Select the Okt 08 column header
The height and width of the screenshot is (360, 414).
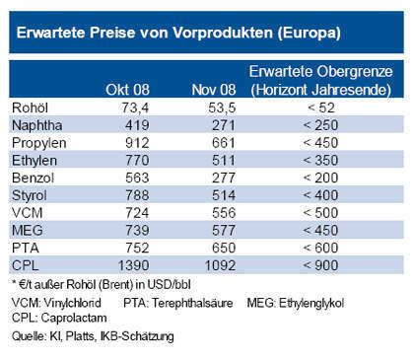(x=126, y=90)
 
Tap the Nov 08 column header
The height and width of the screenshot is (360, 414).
(x=214, y=90)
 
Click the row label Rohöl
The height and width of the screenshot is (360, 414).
(x=31, y=107)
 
